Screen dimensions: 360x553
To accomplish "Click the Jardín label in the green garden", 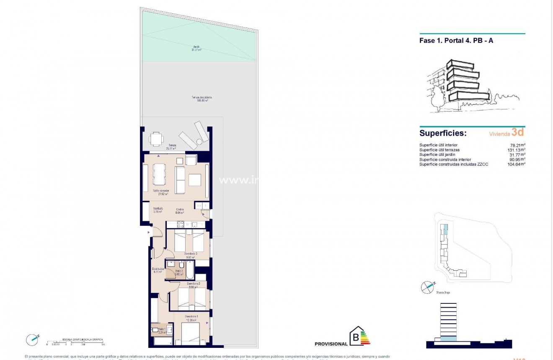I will point(196,48).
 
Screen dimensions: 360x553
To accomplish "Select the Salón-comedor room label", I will point(160,192).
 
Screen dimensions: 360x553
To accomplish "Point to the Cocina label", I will point(180,211).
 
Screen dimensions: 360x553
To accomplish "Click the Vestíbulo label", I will point(158,210).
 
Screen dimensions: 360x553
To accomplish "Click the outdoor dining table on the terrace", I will point(156,138).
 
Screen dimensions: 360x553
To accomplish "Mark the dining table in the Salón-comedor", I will point(159,174).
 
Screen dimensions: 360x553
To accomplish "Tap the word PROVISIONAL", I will point(331,344).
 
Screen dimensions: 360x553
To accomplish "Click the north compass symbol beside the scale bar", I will point(32,338).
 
